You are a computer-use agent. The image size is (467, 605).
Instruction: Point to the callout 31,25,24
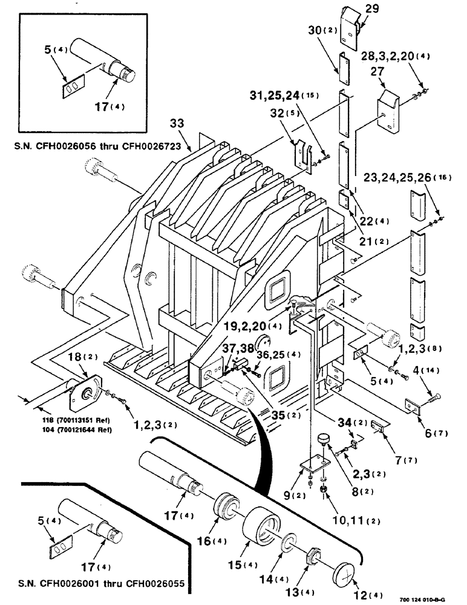click(280, 96)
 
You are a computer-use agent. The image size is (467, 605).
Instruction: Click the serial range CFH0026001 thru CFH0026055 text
click(101, 584)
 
